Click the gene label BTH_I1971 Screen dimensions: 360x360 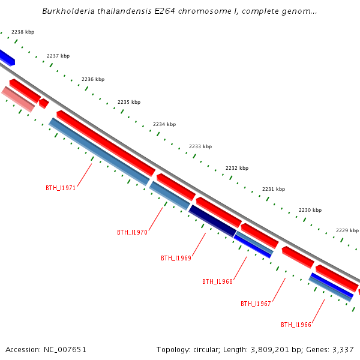(x=61, y=188)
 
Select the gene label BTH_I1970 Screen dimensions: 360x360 (x=132, y=232)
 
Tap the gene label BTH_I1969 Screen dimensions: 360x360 (x=176, y=258)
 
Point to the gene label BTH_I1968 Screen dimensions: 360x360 (x=217, y=281)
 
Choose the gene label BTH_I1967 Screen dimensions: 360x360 (x=256, y=304)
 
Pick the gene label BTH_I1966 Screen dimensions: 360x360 (x=296, y=325)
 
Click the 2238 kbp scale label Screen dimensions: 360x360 (x=23, y=32)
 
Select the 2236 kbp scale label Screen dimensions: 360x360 (x=93, y=79)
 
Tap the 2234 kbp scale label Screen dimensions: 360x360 (x=164, y=124)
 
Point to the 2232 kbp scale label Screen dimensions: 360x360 (x=237, y=168)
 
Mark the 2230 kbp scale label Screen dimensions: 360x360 (x=310, y=210)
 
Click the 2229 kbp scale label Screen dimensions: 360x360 (x=347, y=230)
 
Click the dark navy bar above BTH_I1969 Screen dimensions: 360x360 (x=212, y=220)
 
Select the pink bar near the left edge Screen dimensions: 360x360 (x=18, y=99)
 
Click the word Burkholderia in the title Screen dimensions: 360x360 (x=66, y=11)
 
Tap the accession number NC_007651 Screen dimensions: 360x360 (x=64, y=349)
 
